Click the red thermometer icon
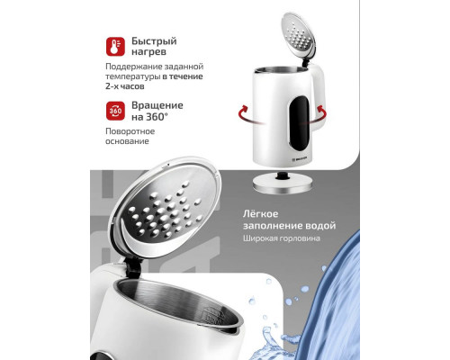point(114,46)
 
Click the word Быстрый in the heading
point(154,40)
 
